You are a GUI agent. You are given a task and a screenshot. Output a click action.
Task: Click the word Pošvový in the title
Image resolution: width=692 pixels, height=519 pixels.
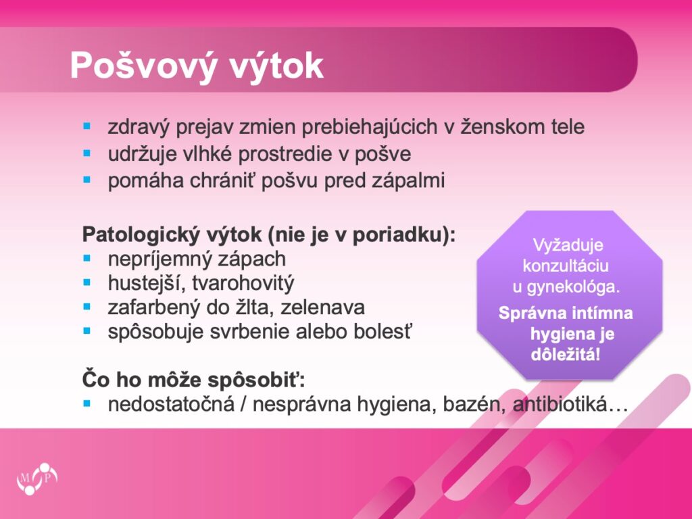click(143, 66)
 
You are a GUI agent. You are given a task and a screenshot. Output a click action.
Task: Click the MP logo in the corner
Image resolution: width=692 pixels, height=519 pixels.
click(37, 478)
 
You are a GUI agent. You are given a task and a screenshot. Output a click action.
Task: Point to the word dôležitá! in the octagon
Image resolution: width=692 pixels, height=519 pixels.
click(566, 354)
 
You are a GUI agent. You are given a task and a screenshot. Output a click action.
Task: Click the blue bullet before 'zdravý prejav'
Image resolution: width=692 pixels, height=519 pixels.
click(86, 126)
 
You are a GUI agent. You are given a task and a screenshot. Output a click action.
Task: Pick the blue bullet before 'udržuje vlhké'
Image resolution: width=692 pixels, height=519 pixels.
click(86, 153)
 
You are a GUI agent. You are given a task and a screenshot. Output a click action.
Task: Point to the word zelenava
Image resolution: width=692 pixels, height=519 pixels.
click(322, 307)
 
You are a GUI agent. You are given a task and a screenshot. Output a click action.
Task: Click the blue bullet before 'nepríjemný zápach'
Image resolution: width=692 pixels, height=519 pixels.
click(86, 258)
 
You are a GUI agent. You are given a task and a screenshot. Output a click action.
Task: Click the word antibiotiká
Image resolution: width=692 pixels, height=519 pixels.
click(560, 404)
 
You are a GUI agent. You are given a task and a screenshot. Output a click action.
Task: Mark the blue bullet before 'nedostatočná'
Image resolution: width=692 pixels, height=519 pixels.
click(86, 403)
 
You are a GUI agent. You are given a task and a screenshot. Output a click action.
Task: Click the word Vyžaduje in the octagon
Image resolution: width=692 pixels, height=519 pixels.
click(568, 245)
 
